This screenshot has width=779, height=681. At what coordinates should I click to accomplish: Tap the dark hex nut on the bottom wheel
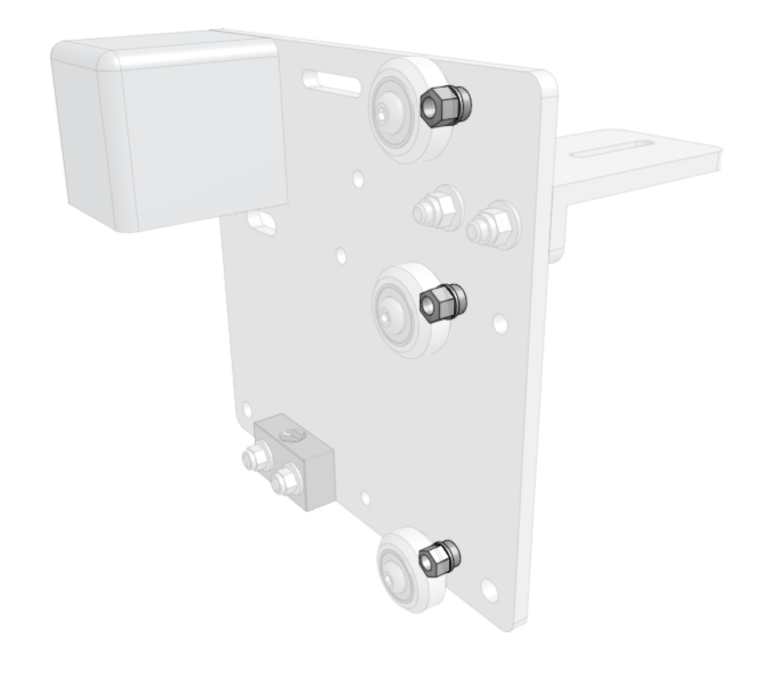point(432,559)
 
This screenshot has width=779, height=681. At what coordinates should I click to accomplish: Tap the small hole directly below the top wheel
point(358,178)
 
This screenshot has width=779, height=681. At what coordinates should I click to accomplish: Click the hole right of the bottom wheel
point(488,589)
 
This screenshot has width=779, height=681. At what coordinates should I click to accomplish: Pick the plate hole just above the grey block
point(247,409)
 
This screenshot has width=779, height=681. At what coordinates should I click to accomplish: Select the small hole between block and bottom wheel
point(365,499)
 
